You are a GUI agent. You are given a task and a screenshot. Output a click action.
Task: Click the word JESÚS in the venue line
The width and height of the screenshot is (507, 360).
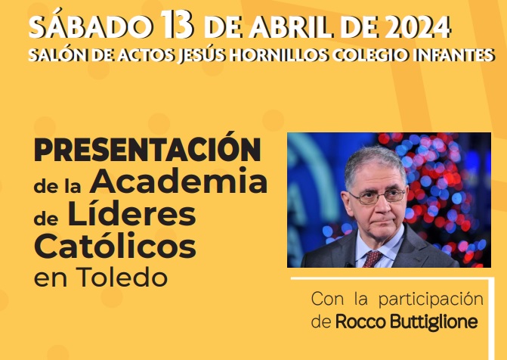[202, 55]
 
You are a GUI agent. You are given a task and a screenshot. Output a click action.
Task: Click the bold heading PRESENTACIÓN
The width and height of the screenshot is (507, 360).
[147, 147]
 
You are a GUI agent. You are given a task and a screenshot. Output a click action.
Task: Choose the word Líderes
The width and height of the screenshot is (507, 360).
[131, 214]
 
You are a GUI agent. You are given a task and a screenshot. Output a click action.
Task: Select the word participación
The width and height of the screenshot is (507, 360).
[431, 299]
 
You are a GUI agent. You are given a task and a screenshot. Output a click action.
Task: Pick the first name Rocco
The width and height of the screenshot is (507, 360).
[361, 322]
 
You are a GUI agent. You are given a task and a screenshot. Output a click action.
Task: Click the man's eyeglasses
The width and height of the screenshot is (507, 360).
[377, 196]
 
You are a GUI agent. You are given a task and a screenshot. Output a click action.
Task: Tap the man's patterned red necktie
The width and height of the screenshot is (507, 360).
[372, 259]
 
